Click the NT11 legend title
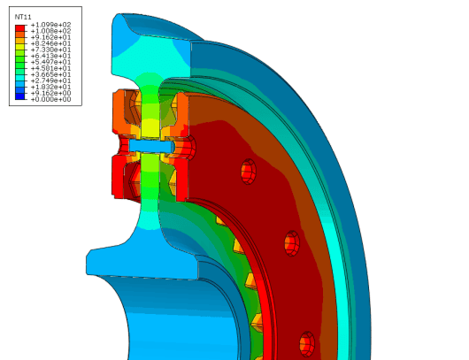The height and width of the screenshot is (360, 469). [23, 17]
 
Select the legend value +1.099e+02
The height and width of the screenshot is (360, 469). [50, 25]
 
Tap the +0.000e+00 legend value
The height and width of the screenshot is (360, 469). [50, 99]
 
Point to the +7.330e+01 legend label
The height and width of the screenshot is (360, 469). [50, 50]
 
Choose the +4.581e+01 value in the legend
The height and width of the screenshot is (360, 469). [50, 68]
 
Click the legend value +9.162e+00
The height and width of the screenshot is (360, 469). [50, 93]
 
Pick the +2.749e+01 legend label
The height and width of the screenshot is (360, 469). [50, 80]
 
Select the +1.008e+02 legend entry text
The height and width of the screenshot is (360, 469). [50, 31]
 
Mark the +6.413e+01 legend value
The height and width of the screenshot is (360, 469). [50, 56]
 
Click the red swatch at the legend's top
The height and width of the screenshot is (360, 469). [20, 28]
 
